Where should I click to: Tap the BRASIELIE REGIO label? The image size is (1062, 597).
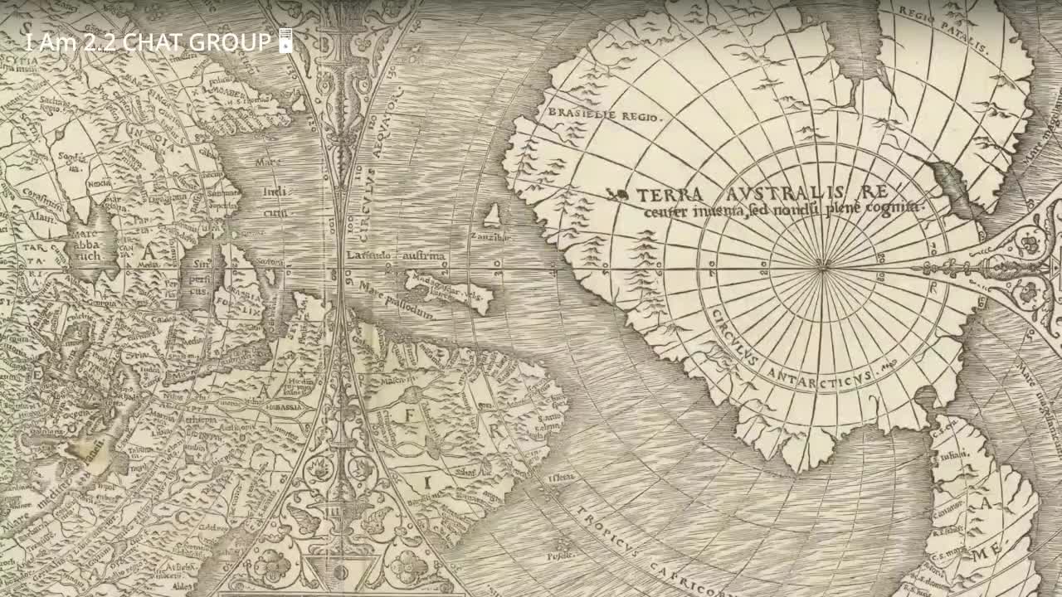tap(603, 114)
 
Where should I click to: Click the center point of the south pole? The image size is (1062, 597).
tap(822, 266)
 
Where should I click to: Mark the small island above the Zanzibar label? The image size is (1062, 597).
tap(494, 216)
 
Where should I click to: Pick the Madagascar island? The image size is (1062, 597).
tap(448, 293)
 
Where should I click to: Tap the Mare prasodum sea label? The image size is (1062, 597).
tap(397, 301)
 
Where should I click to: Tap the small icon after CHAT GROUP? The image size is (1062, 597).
tap(285, 41)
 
